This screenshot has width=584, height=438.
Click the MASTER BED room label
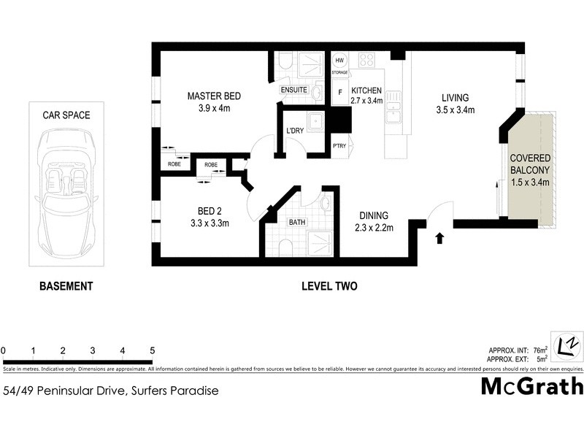coord(214,96)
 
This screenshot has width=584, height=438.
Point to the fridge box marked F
coord(339,93)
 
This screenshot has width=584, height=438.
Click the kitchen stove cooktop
coord(366,61)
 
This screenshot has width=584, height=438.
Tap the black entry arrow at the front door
coord(439,238)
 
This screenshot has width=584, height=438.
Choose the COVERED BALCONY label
coord(530,164)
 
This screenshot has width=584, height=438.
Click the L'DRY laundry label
coord(296,131)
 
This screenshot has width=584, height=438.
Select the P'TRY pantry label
coord(339,146)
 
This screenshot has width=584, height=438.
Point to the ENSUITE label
coord(293,90)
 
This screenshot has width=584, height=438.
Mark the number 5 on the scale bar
coord(152,350)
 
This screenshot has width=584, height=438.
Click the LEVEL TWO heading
coord(329,286)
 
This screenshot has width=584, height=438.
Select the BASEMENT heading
coord(66,286)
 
